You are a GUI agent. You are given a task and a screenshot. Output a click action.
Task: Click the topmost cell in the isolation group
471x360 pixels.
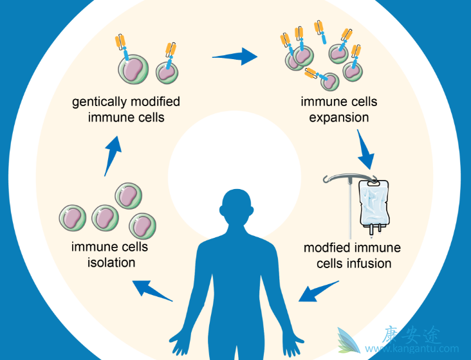coord(127,195)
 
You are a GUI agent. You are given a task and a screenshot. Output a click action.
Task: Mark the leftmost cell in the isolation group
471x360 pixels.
coord(73,218)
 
